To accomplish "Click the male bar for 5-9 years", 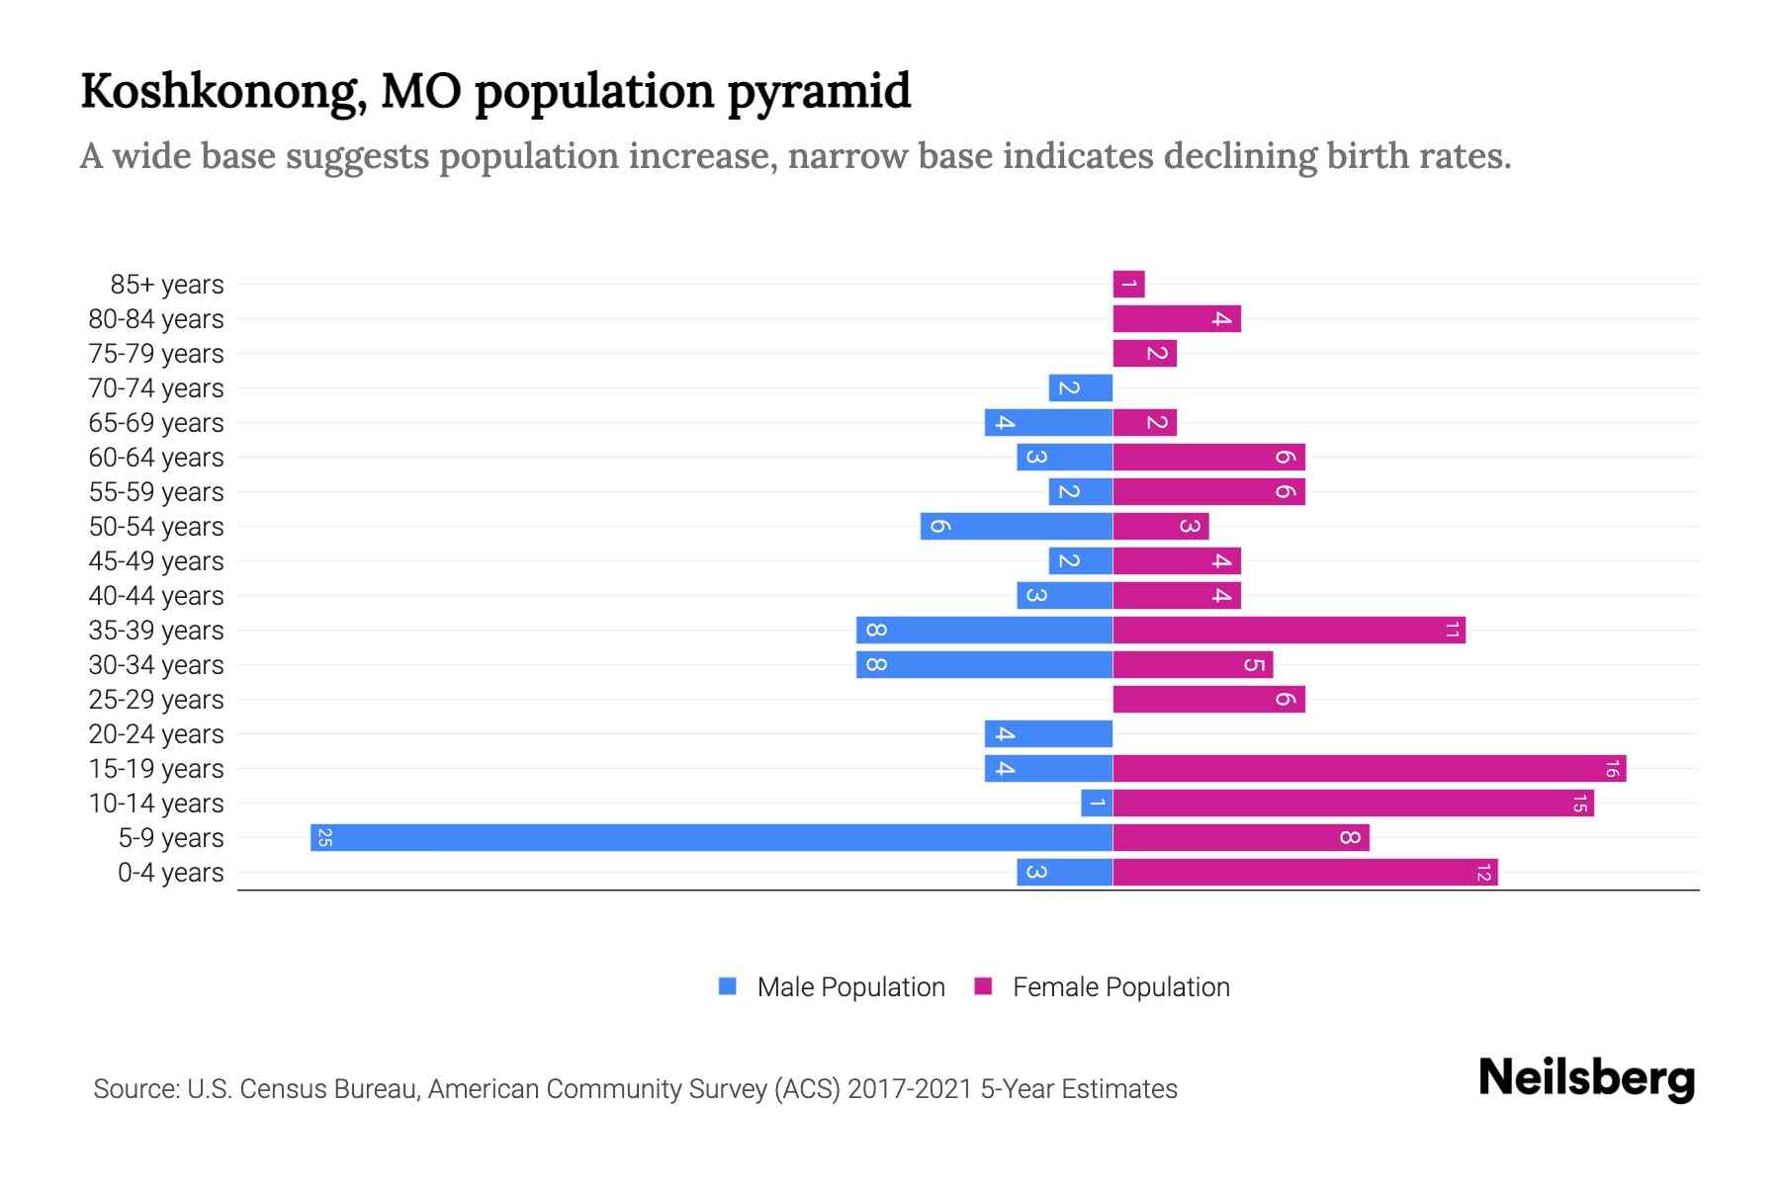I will click(712, 837).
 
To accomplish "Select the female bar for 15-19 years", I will click(1369, 768).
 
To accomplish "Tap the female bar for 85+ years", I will click(1128, 285).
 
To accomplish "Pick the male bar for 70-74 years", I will click(1081, 388).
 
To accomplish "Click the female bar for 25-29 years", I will click(1208, 700).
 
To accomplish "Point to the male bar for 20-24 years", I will click(1048, 734).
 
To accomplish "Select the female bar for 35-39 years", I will click(1289, 631).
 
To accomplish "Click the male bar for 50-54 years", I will click(1017, 527).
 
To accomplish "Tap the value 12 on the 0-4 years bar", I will click(1483, 873).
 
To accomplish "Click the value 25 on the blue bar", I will click(324, 838).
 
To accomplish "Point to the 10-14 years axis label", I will click(156, 804).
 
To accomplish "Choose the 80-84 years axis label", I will click(156, 319).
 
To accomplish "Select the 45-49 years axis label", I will click(156, 561).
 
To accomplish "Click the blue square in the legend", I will click(728, 986).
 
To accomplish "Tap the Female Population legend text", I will click(1120, 987).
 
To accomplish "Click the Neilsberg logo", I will click(1586, 1078).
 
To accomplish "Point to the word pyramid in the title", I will click(819, 92).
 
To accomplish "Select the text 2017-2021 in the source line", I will click(910, 1089).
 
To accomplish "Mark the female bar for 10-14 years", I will click(1353, 804).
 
